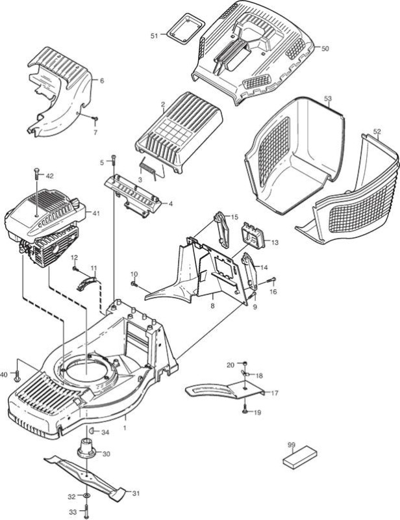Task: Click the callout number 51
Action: pyautogui.click(x=155, y=36)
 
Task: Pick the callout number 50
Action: pyautogui.click(x=325, y=48)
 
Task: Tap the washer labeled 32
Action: pyautogui.click(x=86, y=496)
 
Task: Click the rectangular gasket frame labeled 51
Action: pyautogui.click(x=186, y=28)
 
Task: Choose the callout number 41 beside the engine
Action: pyautogui.click(x=95, y=214)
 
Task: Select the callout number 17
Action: pyautogui.click(x=275, y=393)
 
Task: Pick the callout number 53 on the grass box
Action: pyautogui.click(x=327, y=99)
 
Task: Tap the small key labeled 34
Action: pyautogui.click(x=92, y=432)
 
